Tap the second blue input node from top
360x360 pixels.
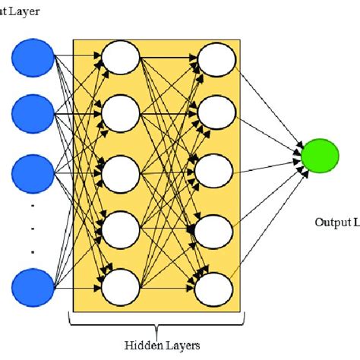point(33,114)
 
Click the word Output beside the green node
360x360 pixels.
point(330,223)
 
